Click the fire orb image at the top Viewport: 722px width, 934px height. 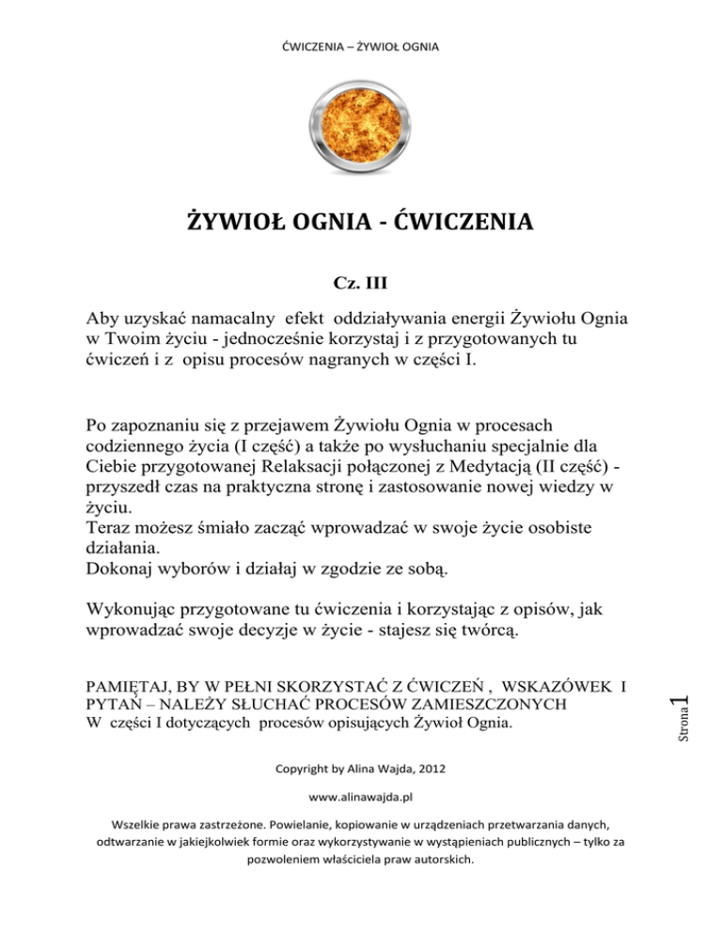tap(361, 124)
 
